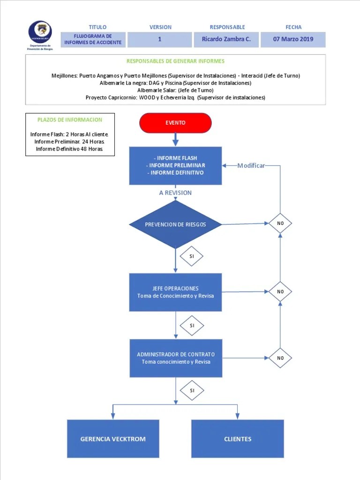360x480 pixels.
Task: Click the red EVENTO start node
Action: [175, 123]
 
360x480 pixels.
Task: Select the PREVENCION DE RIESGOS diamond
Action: [175, 225]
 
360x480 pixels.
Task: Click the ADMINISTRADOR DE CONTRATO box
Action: [176, 358]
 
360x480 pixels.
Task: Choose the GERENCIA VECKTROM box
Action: [113, 439]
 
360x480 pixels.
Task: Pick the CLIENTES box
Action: [238, 439]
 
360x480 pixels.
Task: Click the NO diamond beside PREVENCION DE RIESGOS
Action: [280, 224]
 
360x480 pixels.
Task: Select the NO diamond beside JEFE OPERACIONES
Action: [280, 292]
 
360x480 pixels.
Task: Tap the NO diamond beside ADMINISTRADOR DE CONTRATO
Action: [280, 358]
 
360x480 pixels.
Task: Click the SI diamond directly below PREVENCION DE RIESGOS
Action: [192, 256]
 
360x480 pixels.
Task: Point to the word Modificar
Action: [251, 165]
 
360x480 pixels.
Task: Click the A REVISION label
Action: [175, 193]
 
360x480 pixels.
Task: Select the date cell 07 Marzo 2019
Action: [293, 39]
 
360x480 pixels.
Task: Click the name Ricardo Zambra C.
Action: [226, 39]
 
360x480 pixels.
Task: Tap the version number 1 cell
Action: [159, 39]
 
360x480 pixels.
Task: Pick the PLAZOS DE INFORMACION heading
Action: [70, 120]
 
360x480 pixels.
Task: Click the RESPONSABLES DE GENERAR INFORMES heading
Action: [175, 61]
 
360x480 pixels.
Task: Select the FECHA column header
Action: [293, 27]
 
